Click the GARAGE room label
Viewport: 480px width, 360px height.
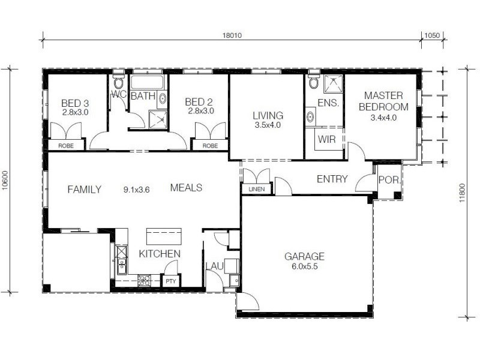click(x=304, y=256)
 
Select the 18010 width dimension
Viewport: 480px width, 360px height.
click(x=231, y=35)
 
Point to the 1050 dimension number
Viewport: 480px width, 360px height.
click(x=432, y=35)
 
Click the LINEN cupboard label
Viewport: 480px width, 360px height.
click(x=256, y=190)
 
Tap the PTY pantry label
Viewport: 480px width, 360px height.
click(x=171, y=280)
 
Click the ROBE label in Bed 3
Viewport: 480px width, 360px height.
click(x=66, y=146)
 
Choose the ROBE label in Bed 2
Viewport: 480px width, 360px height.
click(x=209, y=146)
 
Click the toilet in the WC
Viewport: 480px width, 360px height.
click(x=118, y=83)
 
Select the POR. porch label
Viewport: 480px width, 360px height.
click(x=386, y=179)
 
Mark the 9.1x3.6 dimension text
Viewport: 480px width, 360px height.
click(x=136, y=190)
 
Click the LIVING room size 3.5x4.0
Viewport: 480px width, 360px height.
click(x=267, y=125)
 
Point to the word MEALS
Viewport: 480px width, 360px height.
click(x=186, y=188)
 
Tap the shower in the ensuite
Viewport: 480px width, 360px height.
click(x=332, y=83)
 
